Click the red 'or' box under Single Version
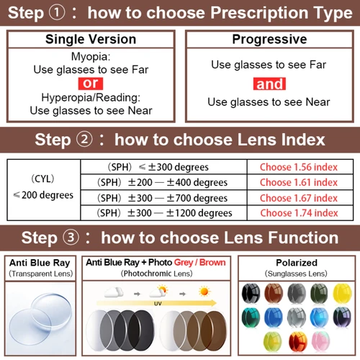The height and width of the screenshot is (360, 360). click(90, 83)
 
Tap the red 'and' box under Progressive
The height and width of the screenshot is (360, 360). click(270, 84)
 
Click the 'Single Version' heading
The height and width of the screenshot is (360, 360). click(90, 40)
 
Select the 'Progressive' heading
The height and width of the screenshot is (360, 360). click(269, 40)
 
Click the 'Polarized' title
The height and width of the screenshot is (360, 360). click(296, 263)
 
